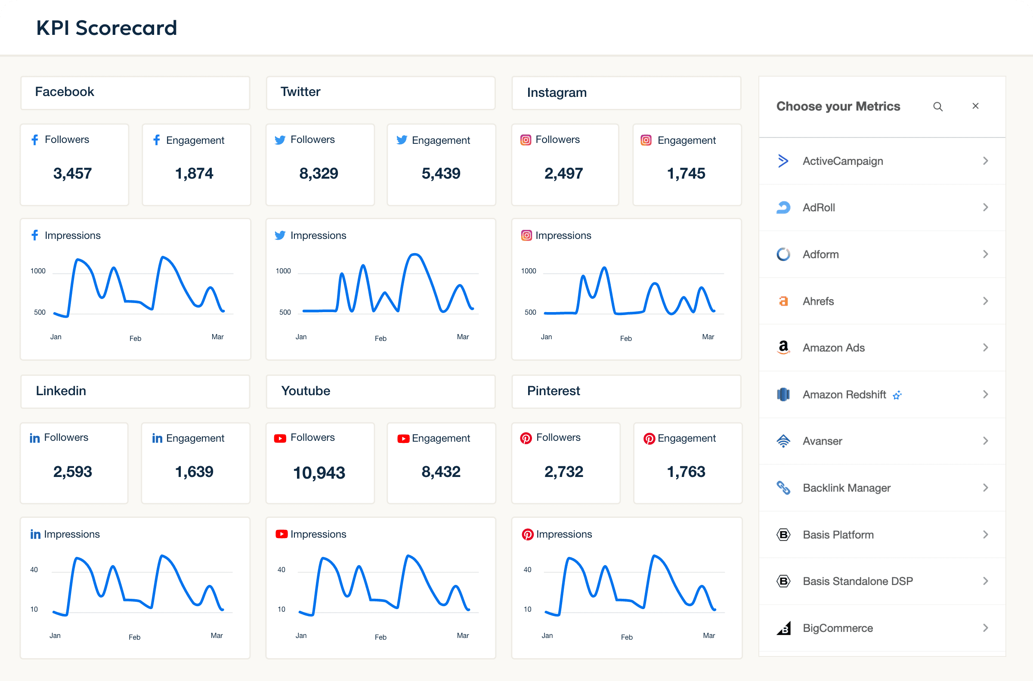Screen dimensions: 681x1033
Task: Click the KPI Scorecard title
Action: click(106, 28)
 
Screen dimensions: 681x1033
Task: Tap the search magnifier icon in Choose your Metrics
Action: click(937, 106)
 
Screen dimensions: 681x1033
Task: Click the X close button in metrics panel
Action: click(975, 106)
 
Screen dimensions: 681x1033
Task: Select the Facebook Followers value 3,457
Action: click(72, 173)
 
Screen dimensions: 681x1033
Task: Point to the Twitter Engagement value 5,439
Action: click(441, 173)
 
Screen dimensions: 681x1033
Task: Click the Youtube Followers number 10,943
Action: click(319, 473)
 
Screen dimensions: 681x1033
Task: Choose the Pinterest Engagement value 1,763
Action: click(686, 472)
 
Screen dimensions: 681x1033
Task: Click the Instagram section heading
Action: click(557, 93)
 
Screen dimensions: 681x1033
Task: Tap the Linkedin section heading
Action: click(61, 391)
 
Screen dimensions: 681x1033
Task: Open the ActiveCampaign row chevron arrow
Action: click(985, 161)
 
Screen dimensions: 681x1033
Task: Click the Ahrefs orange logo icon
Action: click(783, 301)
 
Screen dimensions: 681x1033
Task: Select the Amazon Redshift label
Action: click(844, 394)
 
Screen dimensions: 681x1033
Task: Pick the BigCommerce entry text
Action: click(838, 628)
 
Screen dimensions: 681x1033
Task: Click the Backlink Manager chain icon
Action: click(783, 488)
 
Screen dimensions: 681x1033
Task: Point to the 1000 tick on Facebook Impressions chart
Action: click(38, 271)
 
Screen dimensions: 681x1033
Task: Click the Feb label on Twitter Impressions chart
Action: click(380, 338)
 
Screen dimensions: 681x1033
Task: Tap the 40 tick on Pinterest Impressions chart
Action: click(527, 570)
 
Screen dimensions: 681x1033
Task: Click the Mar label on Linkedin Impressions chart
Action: click(216, 635)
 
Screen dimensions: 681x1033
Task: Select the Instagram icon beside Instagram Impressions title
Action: click(526, 235)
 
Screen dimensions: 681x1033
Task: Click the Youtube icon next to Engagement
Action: click(403, 439)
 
